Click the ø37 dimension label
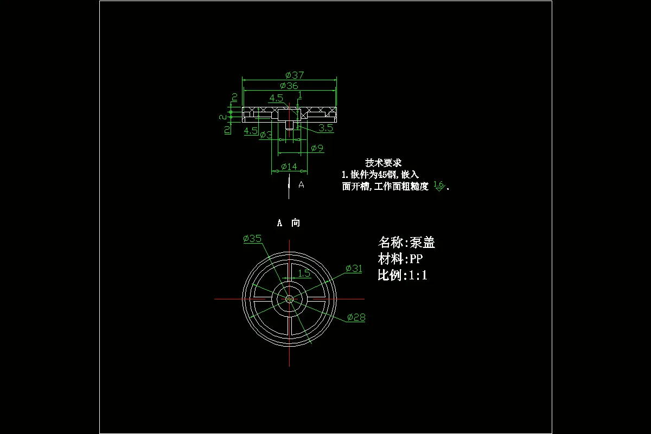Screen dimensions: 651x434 (x=294, y=75)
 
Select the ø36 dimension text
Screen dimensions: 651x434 (x=289, y=86)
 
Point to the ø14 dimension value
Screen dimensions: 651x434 (x=289, y=167)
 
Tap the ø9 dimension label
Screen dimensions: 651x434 (x=317, y=148)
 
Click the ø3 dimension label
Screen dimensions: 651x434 (x=266, y=135)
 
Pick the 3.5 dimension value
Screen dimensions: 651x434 (x=325, y=128)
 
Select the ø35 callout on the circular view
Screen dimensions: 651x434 (x=252, y=239)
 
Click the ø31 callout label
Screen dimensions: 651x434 (x=354, y=269)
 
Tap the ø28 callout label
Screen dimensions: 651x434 (x=356, y=317)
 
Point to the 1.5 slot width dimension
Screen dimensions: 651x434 (x=304, y=273)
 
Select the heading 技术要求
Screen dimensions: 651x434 (x=383, y=163)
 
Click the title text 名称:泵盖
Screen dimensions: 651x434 (x=406, y=242)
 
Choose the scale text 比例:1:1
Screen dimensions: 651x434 (x=403, y=275)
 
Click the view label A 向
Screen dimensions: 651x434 (x=289, y=223)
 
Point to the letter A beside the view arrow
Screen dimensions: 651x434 (x=302, y=185)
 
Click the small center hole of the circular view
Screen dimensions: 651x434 (x=290, y=298)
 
